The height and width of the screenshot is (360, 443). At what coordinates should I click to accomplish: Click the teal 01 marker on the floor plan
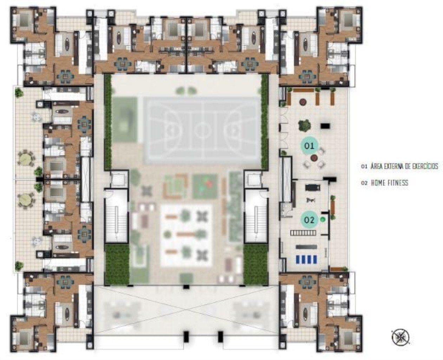(309, 146)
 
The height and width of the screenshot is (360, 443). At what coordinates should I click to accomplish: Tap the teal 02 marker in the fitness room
(309, 220)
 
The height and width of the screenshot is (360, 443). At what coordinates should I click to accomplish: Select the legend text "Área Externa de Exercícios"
(404, 166)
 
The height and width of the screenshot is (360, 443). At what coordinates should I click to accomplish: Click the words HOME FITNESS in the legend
(390, 182)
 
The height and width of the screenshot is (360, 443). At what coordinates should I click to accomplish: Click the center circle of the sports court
(202, 130)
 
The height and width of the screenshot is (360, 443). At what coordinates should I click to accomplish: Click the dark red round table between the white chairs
(314, 157)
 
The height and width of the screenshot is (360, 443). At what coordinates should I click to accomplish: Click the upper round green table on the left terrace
(26, 159)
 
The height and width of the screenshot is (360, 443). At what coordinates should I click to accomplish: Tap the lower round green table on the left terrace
(26, 200)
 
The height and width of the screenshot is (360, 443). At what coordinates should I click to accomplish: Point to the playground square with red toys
(205, 185)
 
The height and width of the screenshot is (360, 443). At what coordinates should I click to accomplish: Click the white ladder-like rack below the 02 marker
(303, 233)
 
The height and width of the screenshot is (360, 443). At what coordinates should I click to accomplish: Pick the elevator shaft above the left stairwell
(117, 179)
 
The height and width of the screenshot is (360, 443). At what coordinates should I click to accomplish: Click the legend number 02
(364, 183)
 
